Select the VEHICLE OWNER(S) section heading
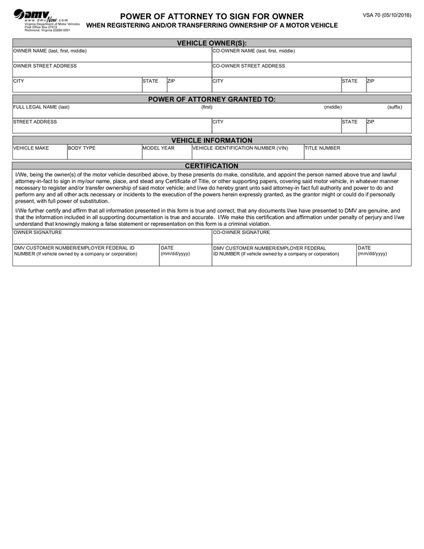211,43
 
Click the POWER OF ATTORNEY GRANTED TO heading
211,99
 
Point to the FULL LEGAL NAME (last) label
42,107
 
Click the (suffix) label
394,107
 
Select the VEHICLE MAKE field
39,152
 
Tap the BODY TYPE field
103,152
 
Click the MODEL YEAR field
165,152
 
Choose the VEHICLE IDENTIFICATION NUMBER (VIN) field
246,152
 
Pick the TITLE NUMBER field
357,152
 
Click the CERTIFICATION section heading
211,166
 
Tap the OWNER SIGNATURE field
112,236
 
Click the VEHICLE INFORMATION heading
211,140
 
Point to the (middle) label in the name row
333,107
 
